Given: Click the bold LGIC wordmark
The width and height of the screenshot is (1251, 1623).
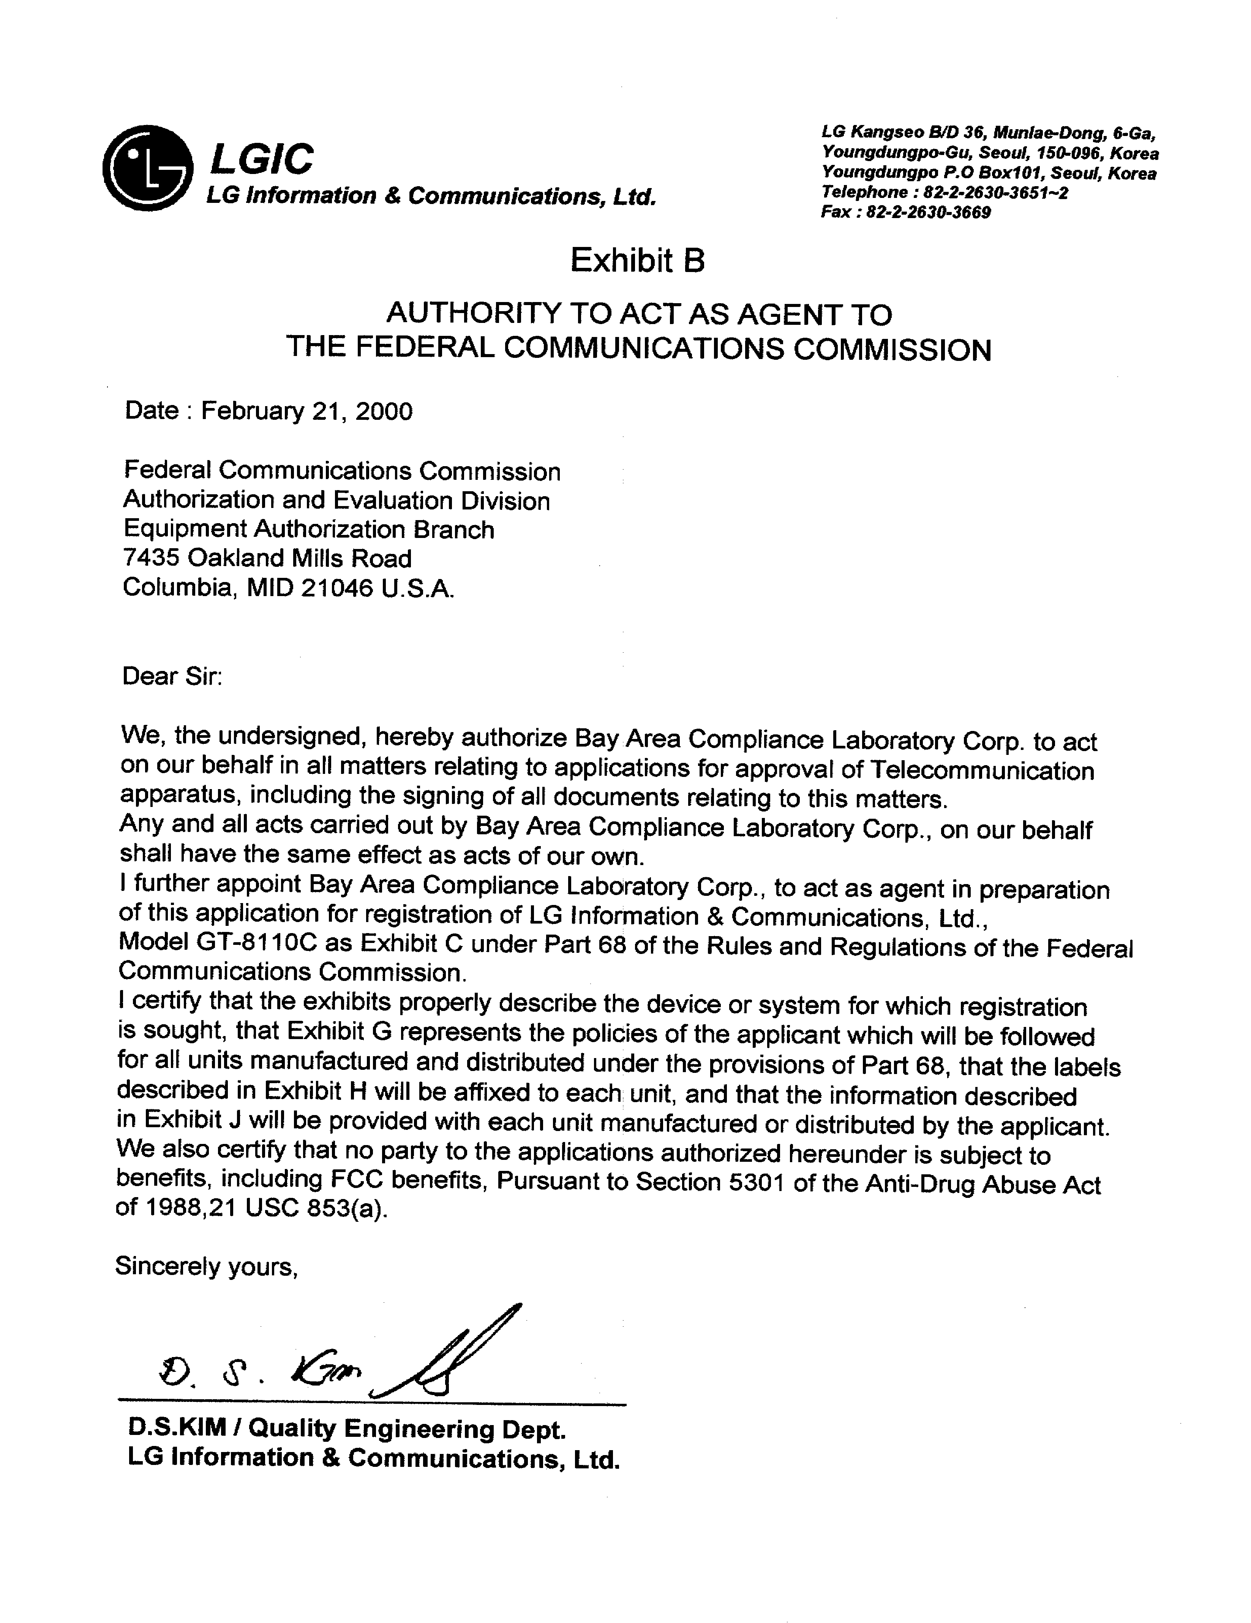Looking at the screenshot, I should tap(262, 159).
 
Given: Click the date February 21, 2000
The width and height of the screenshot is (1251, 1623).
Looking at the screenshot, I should tap(306, 411).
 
